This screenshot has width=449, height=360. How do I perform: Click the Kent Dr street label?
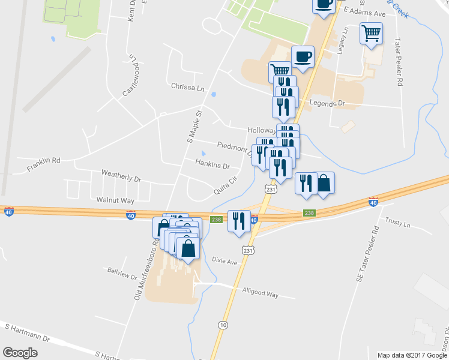131,11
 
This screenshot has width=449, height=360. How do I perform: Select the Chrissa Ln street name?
187,87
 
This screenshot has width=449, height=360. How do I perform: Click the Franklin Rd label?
43,164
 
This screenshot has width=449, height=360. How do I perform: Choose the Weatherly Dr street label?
121,179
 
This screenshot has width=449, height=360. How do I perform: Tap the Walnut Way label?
115,199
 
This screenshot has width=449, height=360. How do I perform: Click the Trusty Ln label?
397,223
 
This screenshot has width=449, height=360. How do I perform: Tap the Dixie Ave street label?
224,262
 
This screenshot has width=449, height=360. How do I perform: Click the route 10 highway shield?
223,325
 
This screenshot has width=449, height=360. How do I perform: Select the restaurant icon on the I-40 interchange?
239,220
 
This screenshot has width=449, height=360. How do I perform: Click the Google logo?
20,353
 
